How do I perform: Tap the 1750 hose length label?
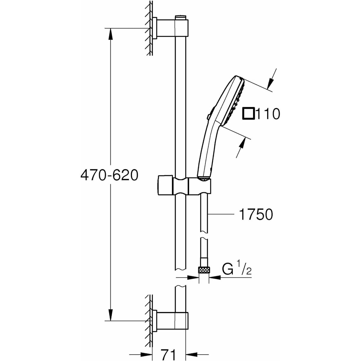[x=255, y=214]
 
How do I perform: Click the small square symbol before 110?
[x=249, y=114]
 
